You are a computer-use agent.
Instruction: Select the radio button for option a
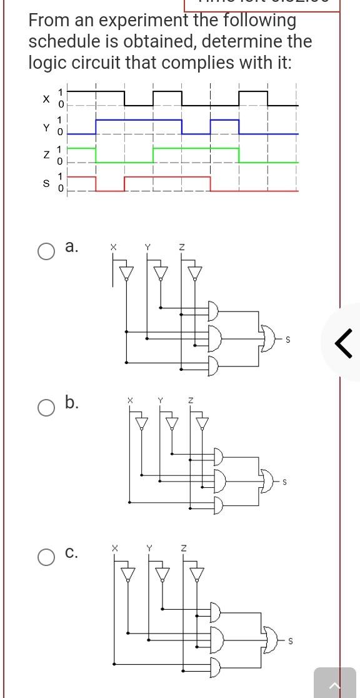click(x=46, y=251)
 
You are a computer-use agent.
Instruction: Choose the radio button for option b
click(x=46, y=408)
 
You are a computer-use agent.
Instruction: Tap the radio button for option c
click(x=46, y=557)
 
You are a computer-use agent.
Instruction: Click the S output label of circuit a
click(x=287, y=340)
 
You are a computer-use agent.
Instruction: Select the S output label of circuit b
click(x=285, y=482)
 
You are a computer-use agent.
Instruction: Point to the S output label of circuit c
click(x=290, y=640)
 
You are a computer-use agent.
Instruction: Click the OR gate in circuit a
click(x=270, y=339)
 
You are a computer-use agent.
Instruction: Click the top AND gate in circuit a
click(x=214, y=311)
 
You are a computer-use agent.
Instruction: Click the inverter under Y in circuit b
click(x=172, y=423)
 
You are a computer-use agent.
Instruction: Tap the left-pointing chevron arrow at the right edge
click(x=343, y=343)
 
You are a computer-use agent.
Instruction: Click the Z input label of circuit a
click(x=181, y=248)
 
